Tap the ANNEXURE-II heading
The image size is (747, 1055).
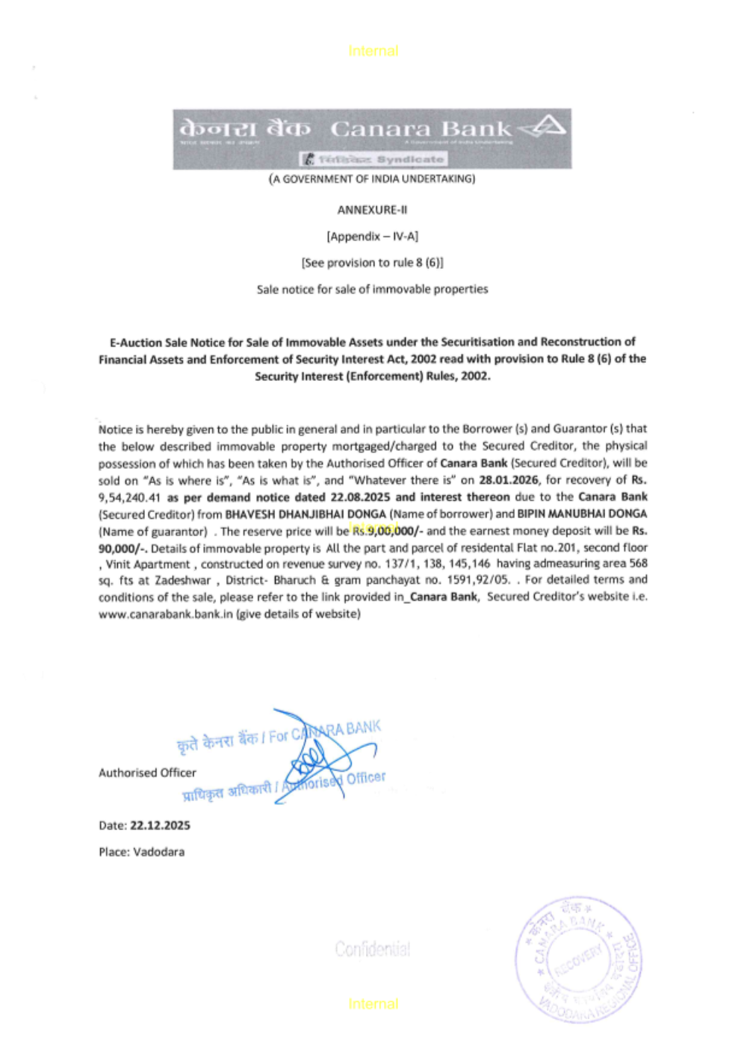pyautogui.click(x=372, y=210)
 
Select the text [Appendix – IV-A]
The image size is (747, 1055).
pyautogui.click(x=372, y=237)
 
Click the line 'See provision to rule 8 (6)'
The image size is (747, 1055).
pyautogui.click(x=372, y=263)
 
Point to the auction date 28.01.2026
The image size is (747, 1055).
pyautogui.click(x=508, y=480)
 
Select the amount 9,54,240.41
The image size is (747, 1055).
pyautogui.click(x=129, y=497)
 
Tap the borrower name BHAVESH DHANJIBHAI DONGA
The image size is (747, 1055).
pyautogui.click(x=306, y=514)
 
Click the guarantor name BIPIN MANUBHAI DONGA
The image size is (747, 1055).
pyautogui.click(x=582, y=514)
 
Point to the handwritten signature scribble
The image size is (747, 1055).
pyautogui.click(x=317, y=758)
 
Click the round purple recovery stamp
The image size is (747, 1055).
pyautogui.click(x=577, y=959)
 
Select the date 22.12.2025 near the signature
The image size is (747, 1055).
pyautogui.click(x=160, y=826)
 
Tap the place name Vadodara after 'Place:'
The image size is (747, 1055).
pyautogui.click(x=158, y=852)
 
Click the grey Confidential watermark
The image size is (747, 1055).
pyautogui.click(x=372, y=949)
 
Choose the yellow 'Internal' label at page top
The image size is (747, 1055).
pyautogui.click(x=373, y=51)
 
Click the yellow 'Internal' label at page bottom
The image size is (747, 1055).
pyautogui.click(x=373, y=1004)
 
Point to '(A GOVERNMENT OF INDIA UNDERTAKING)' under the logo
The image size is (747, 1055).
pyautogui.click(x=372, y=179)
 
